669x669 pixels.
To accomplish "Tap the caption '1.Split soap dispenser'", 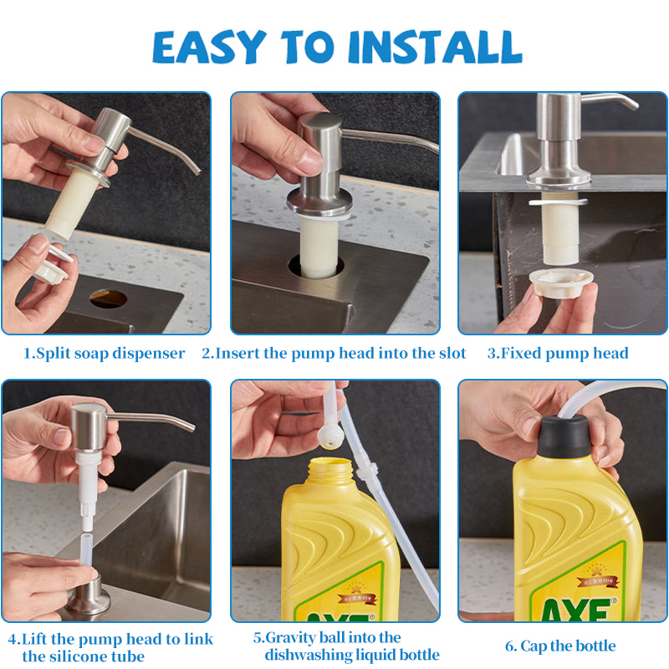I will point(105,353).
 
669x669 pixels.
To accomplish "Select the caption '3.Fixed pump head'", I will point(558,353).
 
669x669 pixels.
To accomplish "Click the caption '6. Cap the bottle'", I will point(560,646).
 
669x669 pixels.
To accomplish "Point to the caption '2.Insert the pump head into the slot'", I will point(334,353).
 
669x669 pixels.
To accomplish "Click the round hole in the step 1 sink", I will point(108,298).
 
